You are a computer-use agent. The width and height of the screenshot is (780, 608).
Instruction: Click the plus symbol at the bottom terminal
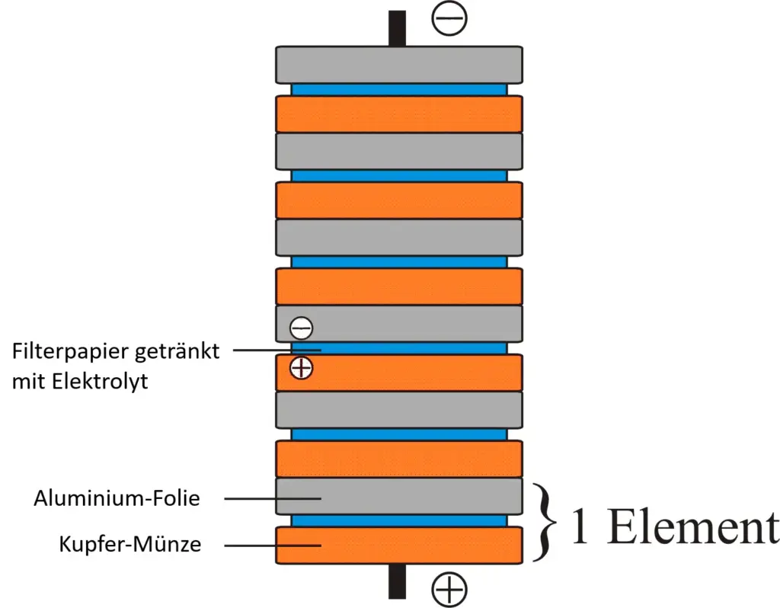(449, 589)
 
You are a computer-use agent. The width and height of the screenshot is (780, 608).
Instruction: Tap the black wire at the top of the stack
(397, 28)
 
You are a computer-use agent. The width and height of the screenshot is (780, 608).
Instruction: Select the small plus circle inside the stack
(302, 368)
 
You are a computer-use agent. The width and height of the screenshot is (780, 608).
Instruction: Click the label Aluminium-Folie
(117, 498)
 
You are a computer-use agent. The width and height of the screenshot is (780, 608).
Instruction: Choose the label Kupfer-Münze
(130, 545)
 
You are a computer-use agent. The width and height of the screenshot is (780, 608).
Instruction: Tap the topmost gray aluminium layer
(399, 65)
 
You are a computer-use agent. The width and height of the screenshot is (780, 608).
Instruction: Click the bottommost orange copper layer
(399, 546)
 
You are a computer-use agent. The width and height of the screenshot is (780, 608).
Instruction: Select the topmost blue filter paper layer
(399, 89)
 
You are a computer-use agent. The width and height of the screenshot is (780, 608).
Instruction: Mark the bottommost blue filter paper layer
(399, 520)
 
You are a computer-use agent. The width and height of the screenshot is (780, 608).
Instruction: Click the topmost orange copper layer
(399, 114)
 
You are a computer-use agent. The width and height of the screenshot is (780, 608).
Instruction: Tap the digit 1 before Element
(580, 527)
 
